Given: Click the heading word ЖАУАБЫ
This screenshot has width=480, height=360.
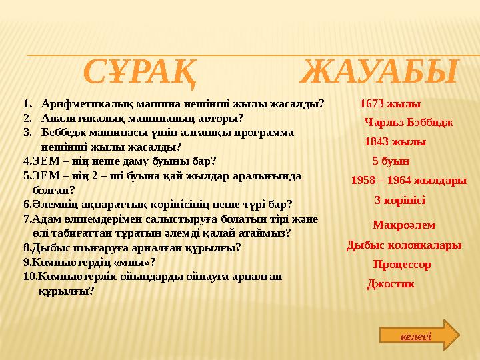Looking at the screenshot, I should [x=379, y=73].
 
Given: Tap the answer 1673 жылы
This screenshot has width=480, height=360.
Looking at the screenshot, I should [x=390, y=104].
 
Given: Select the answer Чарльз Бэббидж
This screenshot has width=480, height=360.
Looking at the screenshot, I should [x=409, y=123].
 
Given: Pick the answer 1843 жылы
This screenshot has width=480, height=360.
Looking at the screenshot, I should [x=395, y=142].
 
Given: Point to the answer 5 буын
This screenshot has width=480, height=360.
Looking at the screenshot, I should [x=391, y=161].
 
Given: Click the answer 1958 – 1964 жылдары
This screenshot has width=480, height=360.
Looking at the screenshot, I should [x=408, y=181].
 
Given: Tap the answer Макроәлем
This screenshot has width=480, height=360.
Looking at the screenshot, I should [x=403, y=225].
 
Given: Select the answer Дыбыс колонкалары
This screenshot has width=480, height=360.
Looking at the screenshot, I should [x=403, y=245].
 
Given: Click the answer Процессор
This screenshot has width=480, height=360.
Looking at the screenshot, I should [x=401, y=265].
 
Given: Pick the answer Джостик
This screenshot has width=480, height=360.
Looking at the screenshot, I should [x=391, y=284].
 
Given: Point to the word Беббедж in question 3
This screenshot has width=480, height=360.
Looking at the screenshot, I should [x=63, y=133].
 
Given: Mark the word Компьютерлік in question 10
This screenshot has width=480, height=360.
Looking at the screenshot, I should [x=71, y=276].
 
